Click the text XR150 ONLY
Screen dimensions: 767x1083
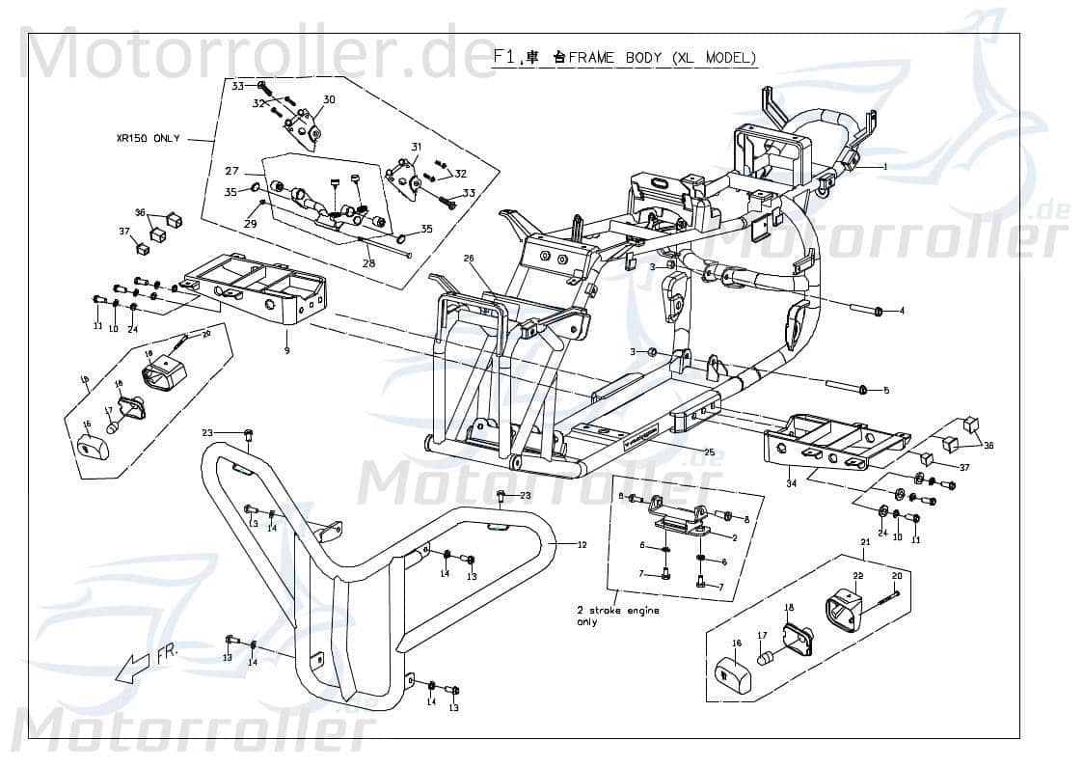[x=147, y=139]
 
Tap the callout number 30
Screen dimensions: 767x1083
[x=329, y=100]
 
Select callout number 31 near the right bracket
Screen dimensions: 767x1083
[x=417, y=147]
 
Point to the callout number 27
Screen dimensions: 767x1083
[x=231, y=171]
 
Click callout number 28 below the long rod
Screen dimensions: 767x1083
[x=367, y=262]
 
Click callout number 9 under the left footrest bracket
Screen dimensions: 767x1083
[x=286, y=349]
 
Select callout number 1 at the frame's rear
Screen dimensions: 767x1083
[x=884, y=167]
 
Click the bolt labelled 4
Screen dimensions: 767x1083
[x=878, y=312]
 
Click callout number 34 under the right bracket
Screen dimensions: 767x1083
[x=791, y=482]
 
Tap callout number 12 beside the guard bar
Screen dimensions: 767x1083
[x=582, y=544]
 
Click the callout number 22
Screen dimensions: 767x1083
[x=857, y=576]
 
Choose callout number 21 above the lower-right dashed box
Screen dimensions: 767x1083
[x=865, y=543]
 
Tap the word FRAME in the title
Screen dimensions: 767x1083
[x=591, y=58]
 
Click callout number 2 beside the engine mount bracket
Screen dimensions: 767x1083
[x=735, y=537]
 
